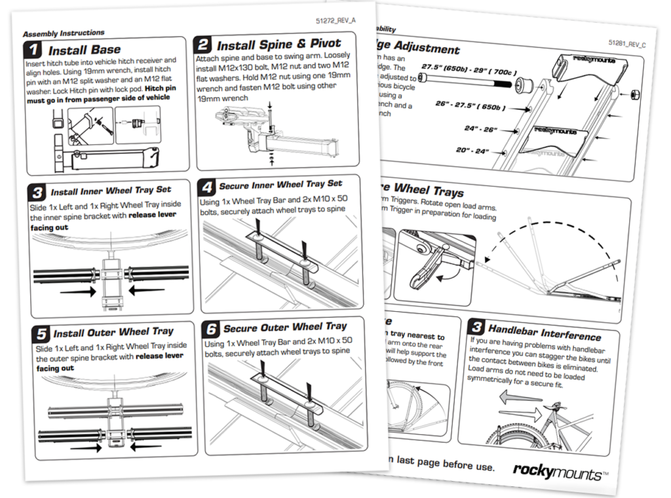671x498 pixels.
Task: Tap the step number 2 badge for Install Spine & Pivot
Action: click(204, 45)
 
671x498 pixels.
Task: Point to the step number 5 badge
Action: click(41, 333)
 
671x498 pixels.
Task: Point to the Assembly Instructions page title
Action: click(63, 32)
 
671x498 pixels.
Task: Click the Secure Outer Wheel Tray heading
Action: click(285, 326)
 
